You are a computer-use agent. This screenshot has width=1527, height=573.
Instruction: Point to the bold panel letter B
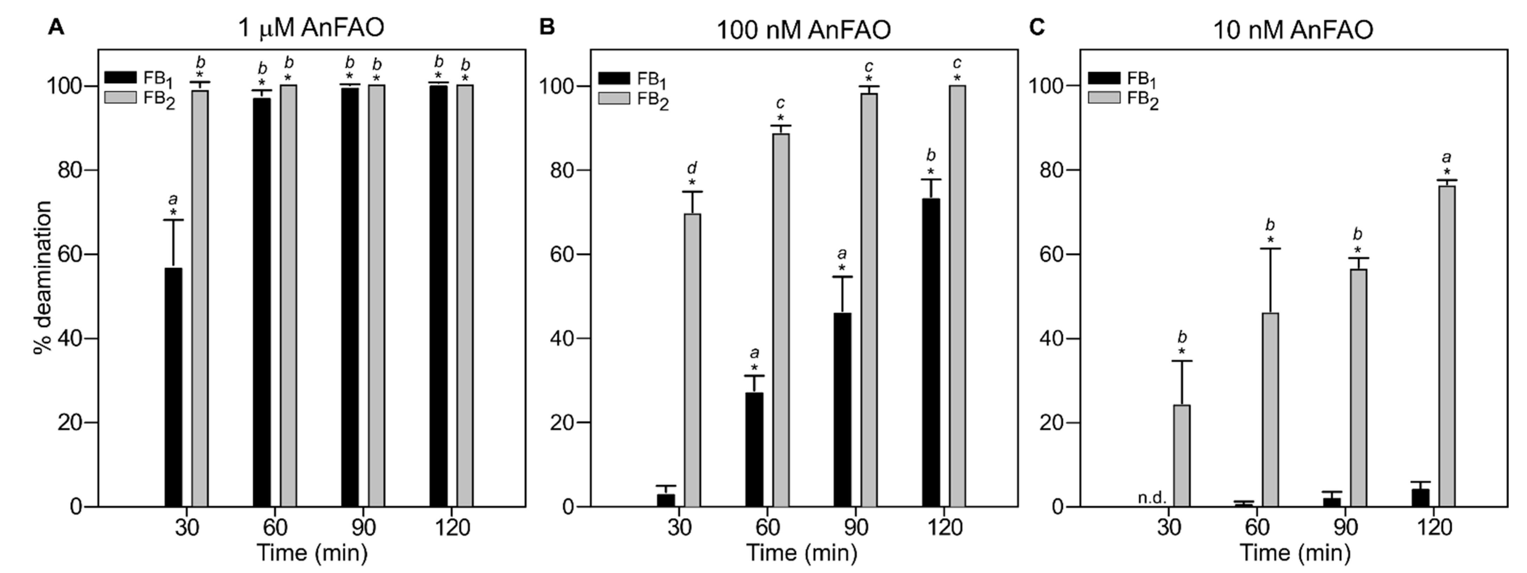coord(547,27)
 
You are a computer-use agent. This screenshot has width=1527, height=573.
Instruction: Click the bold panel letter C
coord(1036,27)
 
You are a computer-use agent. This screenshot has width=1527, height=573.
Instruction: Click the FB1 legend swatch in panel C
coord(1104,78)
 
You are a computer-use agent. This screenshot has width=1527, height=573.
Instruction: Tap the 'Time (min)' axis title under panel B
coord(802,553)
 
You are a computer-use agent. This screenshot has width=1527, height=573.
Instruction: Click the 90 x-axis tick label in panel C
coord(1345,527)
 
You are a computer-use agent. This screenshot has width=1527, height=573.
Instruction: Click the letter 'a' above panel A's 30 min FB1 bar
coord(173,199)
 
